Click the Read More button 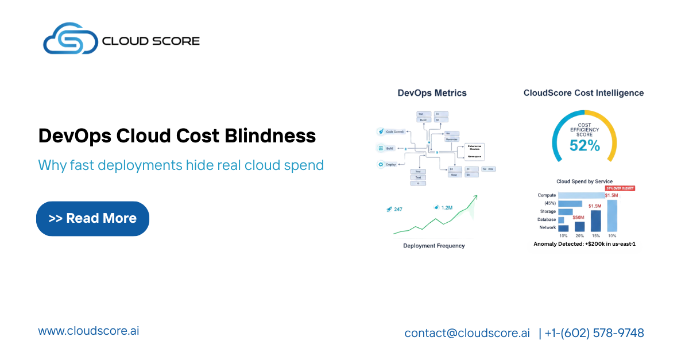92,218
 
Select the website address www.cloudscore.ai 88,331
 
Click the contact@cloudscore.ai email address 467,333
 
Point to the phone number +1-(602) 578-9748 594,333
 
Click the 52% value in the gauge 584,146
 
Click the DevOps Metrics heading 432,93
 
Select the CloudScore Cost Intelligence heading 583,93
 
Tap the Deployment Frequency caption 433,246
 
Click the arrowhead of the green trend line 475,198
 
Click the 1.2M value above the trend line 447,207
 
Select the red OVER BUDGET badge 620,188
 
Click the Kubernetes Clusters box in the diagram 474,148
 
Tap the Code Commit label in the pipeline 396,131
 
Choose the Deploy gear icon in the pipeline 380,164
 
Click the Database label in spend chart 547,219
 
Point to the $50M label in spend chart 578,217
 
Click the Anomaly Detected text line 584,244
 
